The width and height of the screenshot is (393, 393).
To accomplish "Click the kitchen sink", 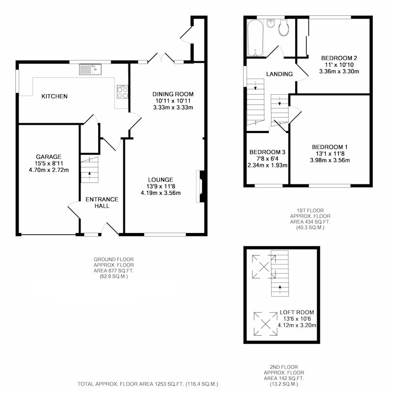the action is click(x=90, y=70).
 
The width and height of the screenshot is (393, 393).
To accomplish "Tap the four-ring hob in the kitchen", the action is click(x=122, y=92).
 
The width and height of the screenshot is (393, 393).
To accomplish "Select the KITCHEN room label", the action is click(x=55, y=96).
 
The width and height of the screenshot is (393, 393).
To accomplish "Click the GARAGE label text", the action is click(x=49, y=157).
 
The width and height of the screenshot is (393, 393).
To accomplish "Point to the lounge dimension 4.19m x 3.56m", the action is click(x=161, y=193).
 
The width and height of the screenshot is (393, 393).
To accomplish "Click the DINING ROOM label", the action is click(x=173, y=94).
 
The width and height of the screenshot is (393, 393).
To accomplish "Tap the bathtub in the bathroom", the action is click(x=255, y=38).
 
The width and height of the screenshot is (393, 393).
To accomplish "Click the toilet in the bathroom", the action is click(x=284, y=28).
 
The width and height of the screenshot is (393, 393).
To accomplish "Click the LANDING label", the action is click(x=280, y=74).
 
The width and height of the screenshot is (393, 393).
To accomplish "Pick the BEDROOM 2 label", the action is click(x=339, y=58).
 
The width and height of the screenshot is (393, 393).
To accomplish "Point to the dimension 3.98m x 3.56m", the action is click(x=330, y=160).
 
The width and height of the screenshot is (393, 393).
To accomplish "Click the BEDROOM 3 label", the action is click(x=267, y=152).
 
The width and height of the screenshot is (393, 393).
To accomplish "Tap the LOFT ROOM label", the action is click(x=297, y=313).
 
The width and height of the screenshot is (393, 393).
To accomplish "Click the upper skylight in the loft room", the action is click(x=264, y=266).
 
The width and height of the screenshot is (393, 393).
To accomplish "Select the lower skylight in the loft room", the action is click(x=265, y=323).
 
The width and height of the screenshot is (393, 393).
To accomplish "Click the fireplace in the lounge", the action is click(x=201, y=186).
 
